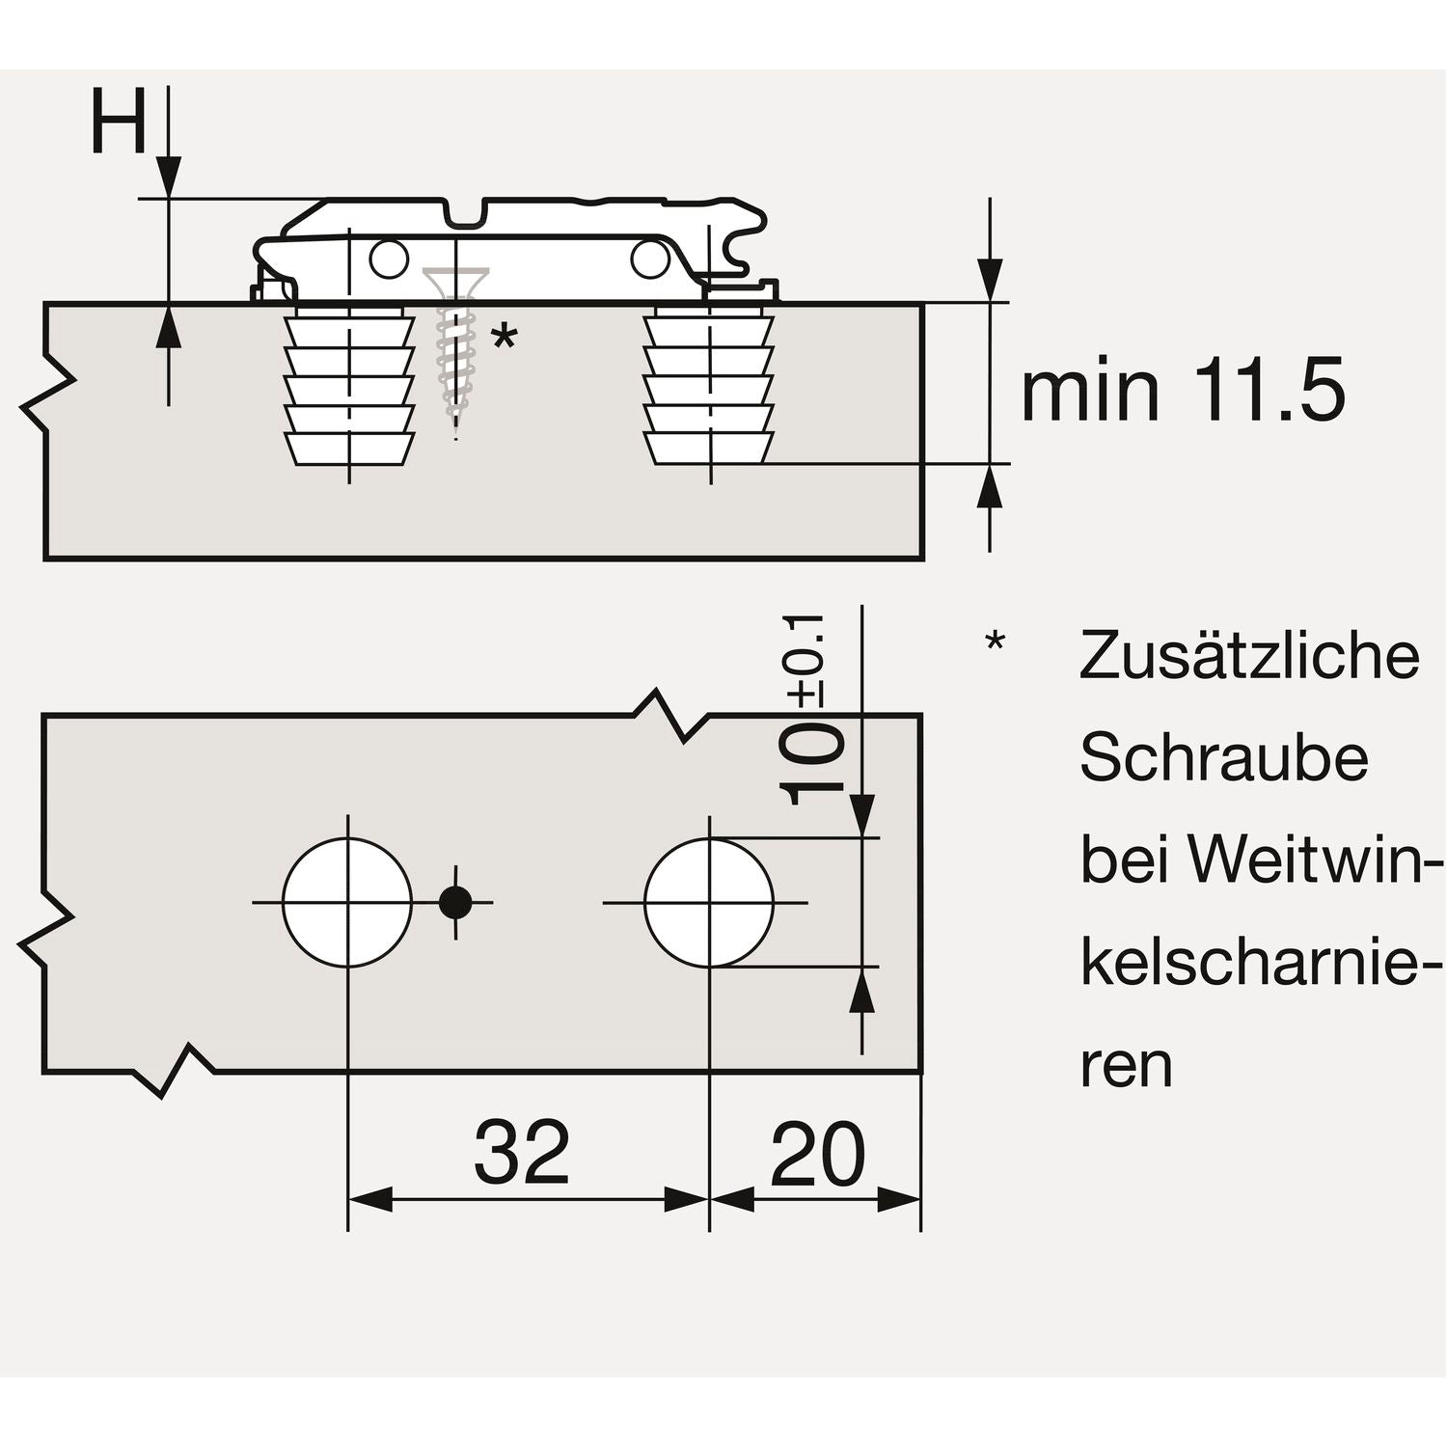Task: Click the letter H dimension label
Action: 118,123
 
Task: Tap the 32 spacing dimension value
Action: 522,1154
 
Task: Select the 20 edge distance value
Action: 817,1154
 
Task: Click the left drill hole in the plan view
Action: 347,903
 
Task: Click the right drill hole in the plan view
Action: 709,903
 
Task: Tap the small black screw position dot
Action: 455,903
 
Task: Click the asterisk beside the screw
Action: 504,340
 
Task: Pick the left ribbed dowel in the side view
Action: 348,386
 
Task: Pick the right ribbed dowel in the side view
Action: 709,386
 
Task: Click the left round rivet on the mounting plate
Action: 389,259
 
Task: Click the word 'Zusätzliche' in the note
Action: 1249,656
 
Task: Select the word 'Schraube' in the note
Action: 1223,758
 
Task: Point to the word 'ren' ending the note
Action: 1125,1067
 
